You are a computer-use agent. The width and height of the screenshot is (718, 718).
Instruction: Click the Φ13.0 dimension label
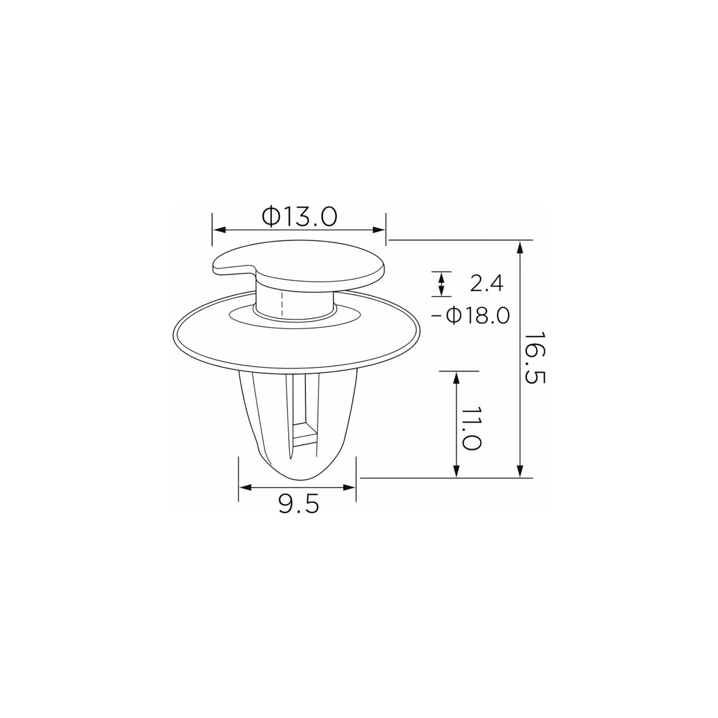tap(299, 217)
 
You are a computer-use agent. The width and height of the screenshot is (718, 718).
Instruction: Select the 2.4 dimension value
tap(486, 283)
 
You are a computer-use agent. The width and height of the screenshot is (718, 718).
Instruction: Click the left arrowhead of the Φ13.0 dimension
tap(218, 230)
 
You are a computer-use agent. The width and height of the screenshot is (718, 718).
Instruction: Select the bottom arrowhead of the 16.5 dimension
tap(520, 471)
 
